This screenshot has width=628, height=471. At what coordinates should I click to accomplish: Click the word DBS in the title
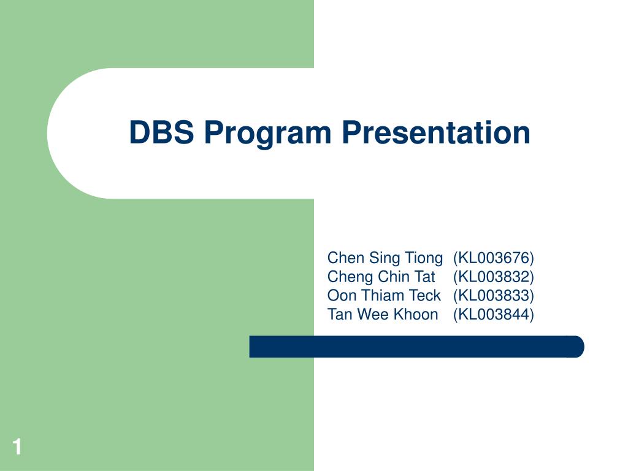pyautogui.click(x=161, y=132)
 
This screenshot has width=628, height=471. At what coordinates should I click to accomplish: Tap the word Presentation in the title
pyautogui.click(x=436, y=132)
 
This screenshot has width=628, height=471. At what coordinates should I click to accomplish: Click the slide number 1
pyautogui.click(x=17, y=446)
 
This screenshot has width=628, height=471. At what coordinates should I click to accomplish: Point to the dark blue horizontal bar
pyautogui.click(x=416, y=347)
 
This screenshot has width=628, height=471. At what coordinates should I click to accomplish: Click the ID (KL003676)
pyautogui.click(x=494, y=258)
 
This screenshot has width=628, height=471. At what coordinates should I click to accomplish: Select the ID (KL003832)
pyautogui.click(x=494, y=277)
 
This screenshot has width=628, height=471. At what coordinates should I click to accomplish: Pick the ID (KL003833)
pyautogui.click(x=494, y=296)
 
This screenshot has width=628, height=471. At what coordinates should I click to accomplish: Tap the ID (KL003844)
pyautogui.click(x=494, y=315)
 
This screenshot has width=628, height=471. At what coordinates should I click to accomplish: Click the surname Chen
pyautogui.click(x=346, y=258)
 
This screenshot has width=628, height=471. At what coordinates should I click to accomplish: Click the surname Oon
pyautogui.click(x=342, y=295)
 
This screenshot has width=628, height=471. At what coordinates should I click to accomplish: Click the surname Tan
pyautogui.click(x=339, y=314)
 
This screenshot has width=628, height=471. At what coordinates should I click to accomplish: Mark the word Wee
pyautogui.click(x=372, y=314)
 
